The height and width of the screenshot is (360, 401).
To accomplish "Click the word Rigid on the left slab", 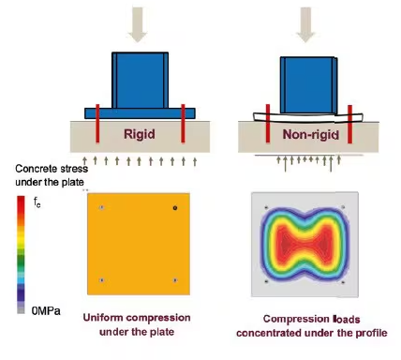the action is coord(140,134).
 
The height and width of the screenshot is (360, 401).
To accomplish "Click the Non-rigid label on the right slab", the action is coord(311,135).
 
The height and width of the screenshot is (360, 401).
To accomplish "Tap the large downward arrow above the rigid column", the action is coord(138,24).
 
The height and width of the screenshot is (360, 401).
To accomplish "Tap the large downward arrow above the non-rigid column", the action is coord(305,24).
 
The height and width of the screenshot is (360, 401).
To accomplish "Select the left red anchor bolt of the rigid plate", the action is coord(97,124).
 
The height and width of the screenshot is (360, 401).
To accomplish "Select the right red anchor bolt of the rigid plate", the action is coord(183,124).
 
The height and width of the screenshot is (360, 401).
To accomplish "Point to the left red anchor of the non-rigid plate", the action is coord(268,124).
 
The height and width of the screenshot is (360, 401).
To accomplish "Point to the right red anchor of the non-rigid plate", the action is coord(349,125).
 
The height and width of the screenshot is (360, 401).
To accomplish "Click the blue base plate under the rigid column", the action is coord(140,113).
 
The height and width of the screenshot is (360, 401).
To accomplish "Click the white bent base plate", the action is coord(307,117).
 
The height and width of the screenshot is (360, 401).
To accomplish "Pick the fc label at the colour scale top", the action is coord(37,203).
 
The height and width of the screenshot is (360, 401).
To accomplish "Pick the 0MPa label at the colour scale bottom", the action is coord(46,311).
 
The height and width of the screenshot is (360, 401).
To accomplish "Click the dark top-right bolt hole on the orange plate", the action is coord(175,208).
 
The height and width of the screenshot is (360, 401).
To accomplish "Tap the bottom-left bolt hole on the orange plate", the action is coord(101,280).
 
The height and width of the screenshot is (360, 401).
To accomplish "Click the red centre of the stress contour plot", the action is coord(304,243).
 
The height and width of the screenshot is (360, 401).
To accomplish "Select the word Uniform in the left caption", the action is coord(103,318).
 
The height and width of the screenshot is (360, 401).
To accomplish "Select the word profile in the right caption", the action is coord(371,333).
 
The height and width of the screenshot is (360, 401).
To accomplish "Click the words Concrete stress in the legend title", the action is coord(52,169).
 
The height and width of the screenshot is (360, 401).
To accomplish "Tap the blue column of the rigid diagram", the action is coord(140,81).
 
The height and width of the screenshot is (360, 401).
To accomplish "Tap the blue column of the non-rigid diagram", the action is coord(308,85).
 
